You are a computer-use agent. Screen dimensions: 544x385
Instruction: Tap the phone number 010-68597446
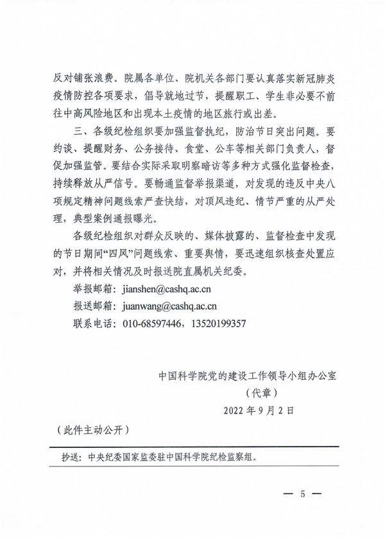coord(153,323)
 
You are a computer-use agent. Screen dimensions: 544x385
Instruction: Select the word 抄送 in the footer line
coord(69,459)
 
